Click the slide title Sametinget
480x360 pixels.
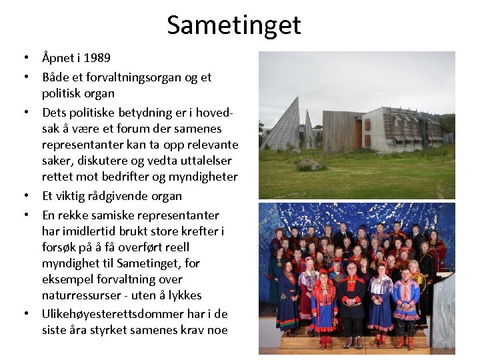(233, 25)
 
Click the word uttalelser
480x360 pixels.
(201, 161)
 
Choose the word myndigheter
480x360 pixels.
(204, 177)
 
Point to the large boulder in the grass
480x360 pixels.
(311, 164)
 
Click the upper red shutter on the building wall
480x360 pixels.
(367, 125)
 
